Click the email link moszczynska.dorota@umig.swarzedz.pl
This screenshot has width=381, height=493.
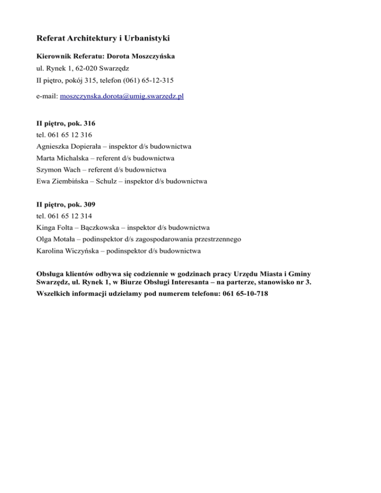point(122,96)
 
